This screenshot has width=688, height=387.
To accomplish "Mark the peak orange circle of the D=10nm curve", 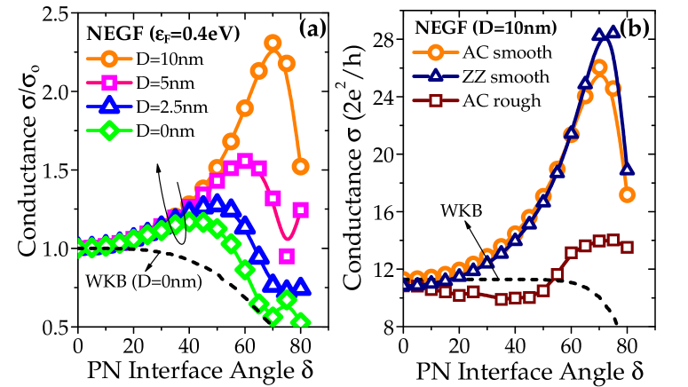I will pyautogui.click(x=273, y=42).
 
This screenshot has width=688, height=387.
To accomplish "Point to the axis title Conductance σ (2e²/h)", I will pyautogui.click(x=349, y=170).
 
